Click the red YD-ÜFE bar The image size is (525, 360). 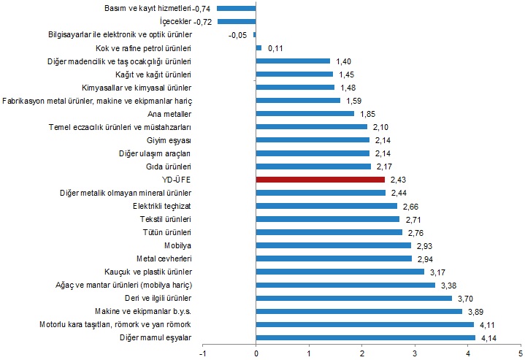tap(321, 180)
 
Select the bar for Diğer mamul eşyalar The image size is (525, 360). tap(366, 337)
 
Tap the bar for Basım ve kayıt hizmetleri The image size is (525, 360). tap(237, 9)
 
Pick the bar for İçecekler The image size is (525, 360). tap(237, 22)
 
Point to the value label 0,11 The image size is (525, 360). tap(275, 48)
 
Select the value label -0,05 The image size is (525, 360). tap(237, 35)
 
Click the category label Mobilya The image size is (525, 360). tap(177, 245)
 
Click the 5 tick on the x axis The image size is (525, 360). tap(520, 353)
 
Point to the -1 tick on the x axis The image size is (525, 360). tap(203, 353)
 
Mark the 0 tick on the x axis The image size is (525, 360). tap(256, 353)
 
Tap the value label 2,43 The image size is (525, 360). tap(398, 180)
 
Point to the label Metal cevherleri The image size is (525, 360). tap(164, 258)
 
